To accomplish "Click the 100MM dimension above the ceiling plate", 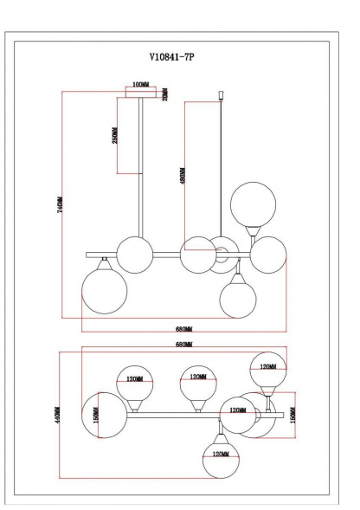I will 138,84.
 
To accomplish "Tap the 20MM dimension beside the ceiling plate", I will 164,93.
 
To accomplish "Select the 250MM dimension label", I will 115,136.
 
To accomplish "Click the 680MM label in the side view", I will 183,329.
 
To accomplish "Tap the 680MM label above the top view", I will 183,345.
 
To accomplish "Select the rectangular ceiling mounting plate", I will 140,98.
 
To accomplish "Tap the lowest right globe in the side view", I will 238,299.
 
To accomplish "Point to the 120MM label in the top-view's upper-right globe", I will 267,366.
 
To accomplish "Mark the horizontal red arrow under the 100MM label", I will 138,90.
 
